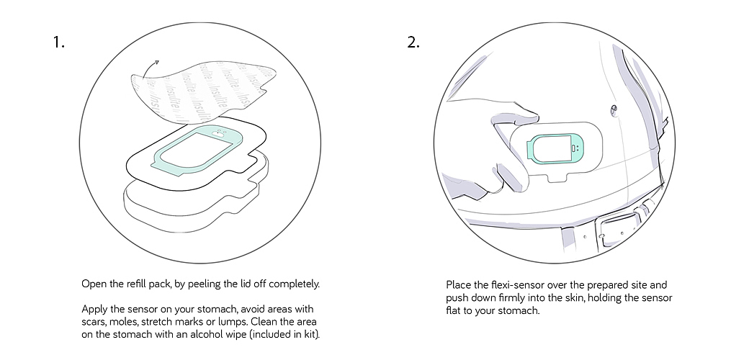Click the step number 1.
58,42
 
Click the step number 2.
413,42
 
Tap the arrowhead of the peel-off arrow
156,63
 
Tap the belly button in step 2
613,110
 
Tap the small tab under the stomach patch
555,177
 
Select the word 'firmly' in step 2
500,297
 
